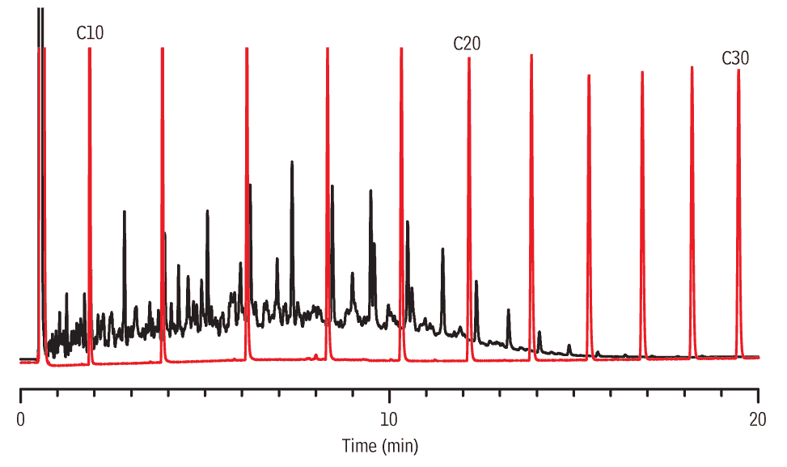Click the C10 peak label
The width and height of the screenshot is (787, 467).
pos(90,33)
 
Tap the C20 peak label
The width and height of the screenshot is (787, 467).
pos(467,44)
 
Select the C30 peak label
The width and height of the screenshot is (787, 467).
pos(735,58)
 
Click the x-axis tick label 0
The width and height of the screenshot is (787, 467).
pos(21,419)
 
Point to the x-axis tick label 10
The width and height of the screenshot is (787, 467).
pos(389,419)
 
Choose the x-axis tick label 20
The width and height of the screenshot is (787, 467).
pos(758,419)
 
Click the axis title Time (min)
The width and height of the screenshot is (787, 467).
pos(380,445)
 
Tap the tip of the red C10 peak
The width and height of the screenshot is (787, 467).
pos(89,49)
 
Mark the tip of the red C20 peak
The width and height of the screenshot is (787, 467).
pos(468,59)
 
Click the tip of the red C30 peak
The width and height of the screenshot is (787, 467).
pos(738,70)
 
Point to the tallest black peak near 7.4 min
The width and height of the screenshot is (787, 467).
pos(292,163)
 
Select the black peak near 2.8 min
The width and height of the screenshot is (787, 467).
pos(124,212)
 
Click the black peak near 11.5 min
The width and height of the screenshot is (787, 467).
pos(442,249)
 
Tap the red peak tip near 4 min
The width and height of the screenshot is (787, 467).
pos(163,49)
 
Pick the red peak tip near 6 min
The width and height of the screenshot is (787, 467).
pos(246,49)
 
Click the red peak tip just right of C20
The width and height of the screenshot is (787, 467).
pos(531,56)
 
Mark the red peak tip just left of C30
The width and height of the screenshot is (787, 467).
pos(692,68)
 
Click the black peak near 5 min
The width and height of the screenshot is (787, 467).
pos(207,211)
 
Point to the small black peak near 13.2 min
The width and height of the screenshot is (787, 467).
pos(508,310)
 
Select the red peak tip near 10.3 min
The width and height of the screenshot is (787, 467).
pos(401,49)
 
